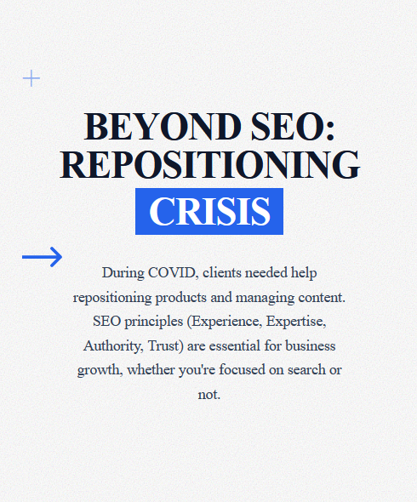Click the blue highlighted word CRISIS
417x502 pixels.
(209, 211)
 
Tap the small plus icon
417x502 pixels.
(31, 78)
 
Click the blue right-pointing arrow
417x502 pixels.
(42, 256)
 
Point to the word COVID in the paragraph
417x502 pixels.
(173, 273)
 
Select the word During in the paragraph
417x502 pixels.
(123, 273)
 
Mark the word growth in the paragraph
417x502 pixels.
(99, 371)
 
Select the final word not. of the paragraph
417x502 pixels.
(208, 395)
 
